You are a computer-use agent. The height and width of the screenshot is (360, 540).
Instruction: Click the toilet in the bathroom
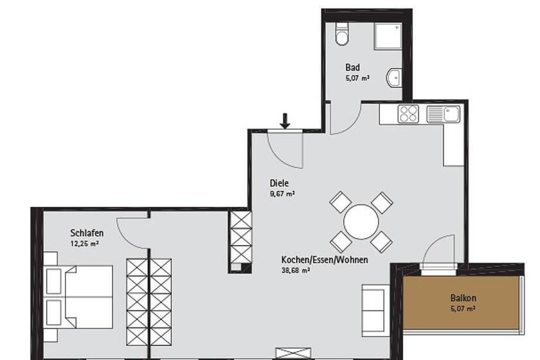(342, 34)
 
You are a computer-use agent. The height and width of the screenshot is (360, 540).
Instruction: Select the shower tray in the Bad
(388, 37)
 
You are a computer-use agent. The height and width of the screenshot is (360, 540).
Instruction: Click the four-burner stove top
(408, 114)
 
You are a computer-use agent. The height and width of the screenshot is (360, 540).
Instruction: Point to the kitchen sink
(443, 114)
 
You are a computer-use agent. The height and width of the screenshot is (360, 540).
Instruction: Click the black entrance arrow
(285, 121)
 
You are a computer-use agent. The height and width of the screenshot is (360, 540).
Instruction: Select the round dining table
(361, 222)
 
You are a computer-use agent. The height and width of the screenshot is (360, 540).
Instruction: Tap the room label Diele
(279, 183)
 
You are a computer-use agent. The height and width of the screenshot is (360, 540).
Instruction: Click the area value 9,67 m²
(282, 194)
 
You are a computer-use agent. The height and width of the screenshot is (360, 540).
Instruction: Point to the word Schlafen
(87, 233)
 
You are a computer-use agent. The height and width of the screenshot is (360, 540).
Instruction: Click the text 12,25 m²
(85, 244)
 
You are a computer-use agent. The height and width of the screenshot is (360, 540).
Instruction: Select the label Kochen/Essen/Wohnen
(325, 260)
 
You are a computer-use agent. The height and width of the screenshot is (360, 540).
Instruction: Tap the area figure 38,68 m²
(296, 271)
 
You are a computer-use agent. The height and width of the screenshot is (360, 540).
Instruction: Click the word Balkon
(464, 298)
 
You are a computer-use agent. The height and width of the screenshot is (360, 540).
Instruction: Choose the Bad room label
(352, 67)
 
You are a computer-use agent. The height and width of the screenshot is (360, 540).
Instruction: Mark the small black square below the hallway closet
(246, 267)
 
